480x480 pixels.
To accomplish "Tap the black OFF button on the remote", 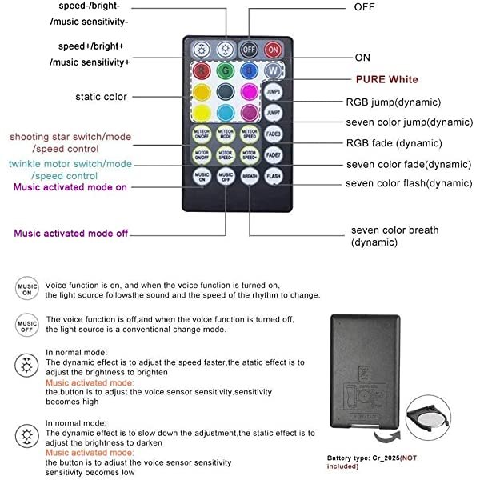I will pyautogui.click(x=250, y=48).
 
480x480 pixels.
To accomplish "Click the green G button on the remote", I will pyautogui.click(x=226, y=70).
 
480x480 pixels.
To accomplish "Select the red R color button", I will pyautogui.click(x=202, y=70).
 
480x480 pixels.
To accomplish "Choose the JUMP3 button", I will pyautogui.click(x=274, y=91).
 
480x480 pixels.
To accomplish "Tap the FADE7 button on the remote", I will pyautogui.click(x=274, y=153).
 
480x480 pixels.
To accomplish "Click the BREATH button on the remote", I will pyautogui.click(x=250, y=174).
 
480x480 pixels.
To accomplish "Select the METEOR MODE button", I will pyautogui.click(x=226, y=133).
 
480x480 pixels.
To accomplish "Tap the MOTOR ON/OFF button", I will pyautogui.click(x=202, y=153).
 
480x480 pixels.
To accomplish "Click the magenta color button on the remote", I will pyautogui.click(x=250, y=91).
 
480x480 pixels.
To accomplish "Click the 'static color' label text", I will pyautogui.click(x=101, y=97).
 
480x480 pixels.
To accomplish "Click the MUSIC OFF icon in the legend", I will pyautogui.click(x=26, y=325).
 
